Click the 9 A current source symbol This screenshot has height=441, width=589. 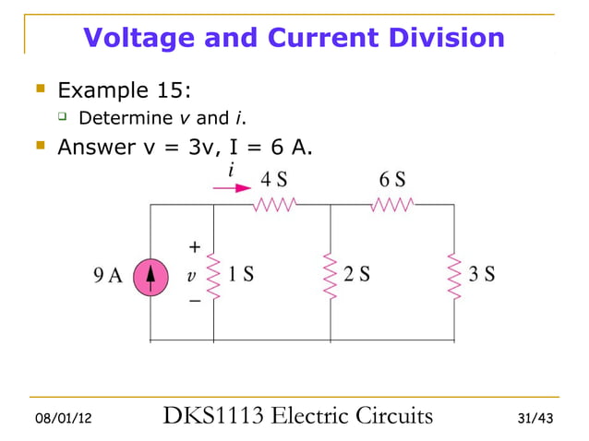pyautogui.click(x=150, y=274)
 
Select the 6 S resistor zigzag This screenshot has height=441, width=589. pyautogui.click(x=393, y=205)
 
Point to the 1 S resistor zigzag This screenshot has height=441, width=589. pyautogui.click(x=213, y=274)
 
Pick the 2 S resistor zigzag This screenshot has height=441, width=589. pyautogui.click(x=330, y=274)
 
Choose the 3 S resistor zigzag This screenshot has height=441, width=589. pyautogui.click(x=453, y=274)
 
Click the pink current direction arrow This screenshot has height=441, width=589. pyautogui.click(x=232, y=187)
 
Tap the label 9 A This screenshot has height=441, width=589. pyautogui.click(x=107, y=275)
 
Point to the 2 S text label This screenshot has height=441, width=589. pyautogui.click(x=357, y=274)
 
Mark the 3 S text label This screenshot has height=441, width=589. pyautogui.click(x=481, y=274)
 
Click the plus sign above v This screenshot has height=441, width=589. pyautogui.click(x=194, y=247)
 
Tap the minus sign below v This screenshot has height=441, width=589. pyautogui.click(x=194, y=301)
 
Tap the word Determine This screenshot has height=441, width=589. pyautogui.click(x=126, y=118)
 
